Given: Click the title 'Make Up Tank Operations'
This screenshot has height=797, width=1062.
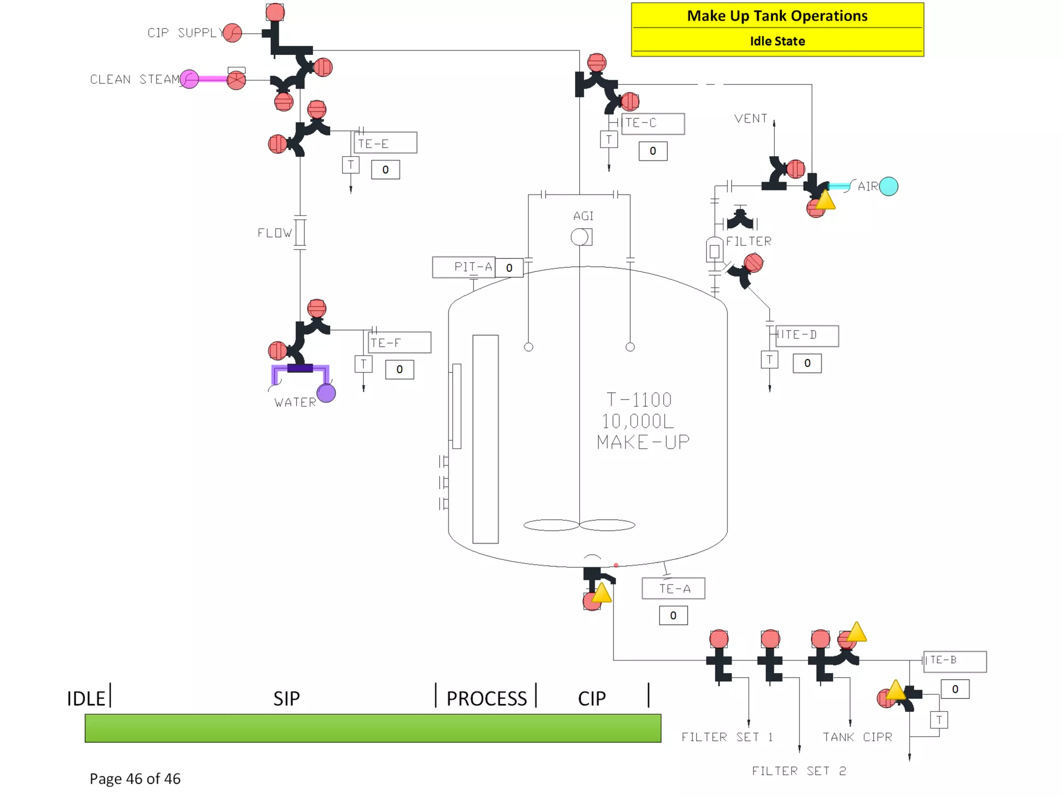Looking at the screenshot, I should click(777, 16).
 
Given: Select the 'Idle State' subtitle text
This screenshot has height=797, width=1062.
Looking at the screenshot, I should click(777, 41).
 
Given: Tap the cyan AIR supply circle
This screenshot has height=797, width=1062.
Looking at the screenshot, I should click(888, 186).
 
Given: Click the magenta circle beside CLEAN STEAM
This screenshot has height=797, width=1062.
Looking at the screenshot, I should click(189, 79).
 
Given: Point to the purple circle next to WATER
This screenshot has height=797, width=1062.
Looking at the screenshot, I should click(326, 393).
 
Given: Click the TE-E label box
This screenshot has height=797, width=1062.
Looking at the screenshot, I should click(385, 143).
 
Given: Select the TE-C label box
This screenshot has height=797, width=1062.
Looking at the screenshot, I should click(652, 123).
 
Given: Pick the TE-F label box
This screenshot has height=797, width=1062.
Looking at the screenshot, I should click(399, 342).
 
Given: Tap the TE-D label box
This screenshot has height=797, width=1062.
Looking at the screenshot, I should click(806, 335).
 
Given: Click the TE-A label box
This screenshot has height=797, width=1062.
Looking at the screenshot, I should click(673, 588).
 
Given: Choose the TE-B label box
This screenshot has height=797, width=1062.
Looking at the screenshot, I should click(954, 661).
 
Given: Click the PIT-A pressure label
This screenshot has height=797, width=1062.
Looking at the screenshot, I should click(464, 267).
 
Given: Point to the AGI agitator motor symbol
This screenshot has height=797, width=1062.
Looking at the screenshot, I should click(581, 237).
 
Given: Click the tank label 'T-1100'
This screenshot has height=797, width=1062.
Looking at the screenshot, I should click(639, 400).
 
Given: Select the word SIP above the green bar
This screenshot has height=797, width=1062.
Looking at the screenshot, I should click(286, 698).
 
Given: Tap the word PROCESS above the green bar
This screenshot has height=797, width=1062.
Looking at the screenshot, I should click(486, 698).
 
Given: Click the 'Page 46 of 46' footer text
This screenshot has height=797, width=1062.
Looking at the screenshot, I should click(135, 778).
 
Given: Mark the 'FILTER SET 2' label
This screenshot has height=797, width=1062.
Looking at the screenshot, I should click(799, 771).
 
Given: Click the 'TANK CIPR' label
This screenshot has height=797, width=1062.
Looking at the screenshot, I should click(857, 737).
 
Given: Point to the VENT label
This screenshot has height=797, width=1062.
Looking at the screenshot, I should click(750, 119).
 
